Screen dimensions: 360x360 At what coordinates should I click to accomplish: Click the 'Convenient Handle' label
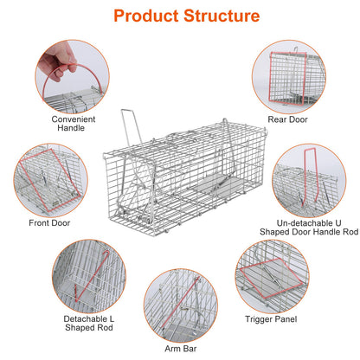click(73, 125)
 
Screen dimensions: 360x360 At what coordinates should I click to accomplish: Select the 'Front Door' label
click(48, 222)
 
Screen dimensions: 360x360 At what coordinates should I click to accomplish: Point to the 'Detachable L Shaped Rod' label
click(87, 325)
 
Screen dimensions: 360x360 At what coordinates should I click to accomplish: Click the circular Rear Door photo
click(286, 75)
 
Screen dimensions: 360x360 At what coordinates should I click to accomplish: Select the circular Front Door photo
click(48, 179)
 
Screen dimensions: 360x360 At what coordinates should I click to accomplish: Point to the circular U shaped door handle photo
click(309, 183)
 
